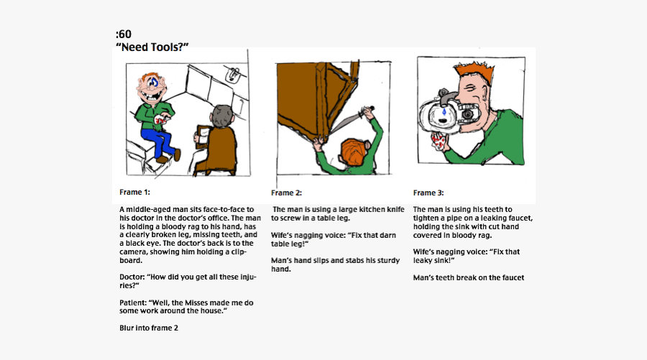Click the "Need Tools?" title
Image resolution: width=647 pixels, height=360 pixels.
click(x=152, y=47)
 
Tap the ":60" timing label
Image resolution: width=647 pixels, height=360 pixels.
click(x=123, y=34)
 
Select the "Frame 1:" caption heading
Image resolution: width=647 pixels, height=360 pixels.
click(x=134, y=192)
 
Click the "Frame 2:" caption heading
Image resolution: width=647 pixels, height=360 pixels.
click(x=286, y=193)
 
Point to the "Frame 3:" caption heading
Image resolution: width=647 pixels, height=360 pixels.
click(x=428, y=193)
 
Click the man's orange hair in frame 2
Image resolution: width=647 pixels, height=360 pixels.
click(x=353, y=150)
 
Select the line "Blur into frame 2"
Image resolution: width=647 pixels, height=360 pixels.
click(x=148, y=328)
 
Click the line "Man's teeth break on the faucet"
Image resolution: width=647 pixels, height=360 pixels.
click(x=468, y=277)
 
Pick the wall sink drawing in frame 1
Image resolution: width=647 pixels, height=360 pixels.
click(x=232, y=73)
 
